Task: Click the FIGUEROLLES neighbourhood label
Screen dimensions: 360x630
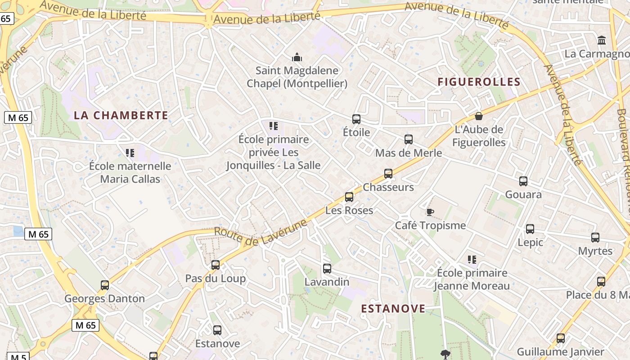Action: pos(479,82)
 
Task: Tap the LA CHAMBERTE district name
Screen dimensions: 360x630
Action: pos(121,115)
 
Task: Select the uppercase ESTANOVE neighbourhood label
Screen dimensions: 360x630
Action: pos(393,308)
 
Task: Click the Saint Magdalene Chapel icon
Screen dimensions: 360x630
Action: pos(297,57)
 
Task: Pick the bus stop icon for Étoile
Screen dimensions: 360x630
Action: pos(356,119)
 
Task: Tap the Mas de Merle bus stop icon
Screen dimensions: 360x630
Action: pos(409,139)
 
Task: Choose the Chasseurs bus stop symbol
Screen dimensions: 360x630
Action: pos(388,174)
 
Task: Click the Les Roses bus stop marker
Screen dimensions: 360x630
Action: pos(349,197)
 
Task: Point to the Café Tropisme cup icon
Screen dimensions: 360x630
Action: pos(430,212)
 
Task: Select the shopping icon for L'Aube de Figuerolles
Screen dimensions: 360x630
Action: pos(479,116)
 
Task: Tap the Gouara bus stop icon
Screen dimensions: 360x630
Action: pos(523,181)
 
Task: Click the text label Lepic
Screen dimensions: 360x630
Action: pos(530,242)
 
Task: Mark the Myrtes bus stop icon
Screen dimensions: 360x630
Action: pos(595,238)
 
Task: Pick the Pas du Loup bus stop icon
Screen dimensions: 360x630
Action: pos(216,265)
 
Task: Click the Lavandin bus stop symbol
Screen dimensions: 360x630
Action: pos(327,269)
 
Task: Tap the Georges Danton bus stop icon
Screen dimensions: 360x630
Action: pos(105,285)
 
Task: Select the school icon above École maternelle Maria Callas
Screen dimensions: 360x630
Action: pos(130,153)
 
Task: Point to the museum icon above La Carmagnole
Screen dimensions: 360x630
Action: pos(602,40)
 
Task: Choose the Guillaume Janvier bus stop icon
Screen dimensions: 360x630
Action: pos(561,338)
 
